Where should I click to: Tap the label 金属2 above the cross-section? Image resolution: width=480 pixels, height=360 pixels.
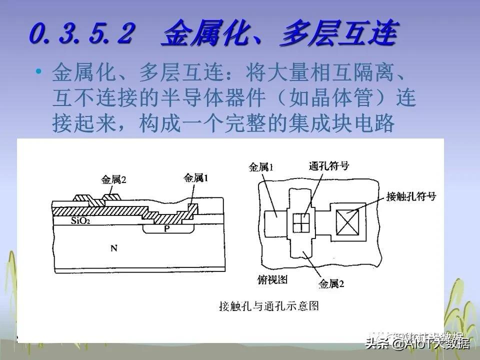(x=113, y=179)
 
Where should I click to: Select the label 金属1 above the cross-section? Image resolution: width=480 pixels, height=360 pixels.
(x=196, y=177)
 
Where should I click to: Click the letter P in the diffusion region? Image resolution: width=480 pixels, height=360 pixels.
(x=167, y=228)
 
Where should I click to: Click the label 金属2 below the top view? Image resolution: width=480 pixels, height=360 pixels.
(x=332, y=284)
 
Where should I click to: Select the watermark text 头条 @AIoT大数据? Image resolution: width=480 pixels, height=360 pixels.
(x=417, y=343)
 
